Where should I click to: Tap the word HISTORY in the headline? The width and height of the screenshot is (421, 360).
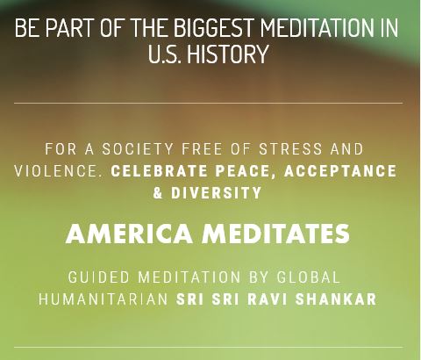[227, 54]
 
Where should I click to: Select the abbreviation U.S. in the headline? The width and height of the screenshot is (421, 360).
[163, 54]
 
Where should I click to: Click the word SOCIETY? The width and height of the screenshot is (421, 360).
[138, 149]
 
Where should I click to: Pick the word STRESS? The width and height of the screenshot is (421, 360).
[290, 149]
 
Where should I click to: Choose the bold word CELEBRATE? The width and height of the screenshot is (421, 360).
[159, 171]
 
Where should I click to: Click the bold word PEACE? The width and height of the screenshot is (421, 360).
[243, 172]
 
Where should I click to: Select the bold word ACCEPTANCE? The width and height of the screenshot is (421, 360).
[340, 171]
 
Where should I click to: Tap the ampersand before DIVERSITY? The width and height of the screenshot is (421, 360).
[158, 193]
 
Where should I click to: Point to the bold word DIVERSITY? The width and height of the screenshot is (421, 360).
[217, 193]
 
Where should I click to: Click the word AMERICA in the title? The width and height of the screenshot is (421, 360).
[129, 234]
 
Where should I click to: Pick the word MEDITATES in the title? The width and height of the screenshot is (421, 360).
[276, 234]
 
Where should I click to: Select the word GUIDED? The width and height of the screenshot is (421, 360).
[99, 277]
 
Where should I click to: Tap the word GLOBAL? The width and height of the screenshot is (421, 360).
[309, 277]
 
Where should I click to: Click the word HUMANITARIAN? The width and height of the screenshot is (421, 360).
[103, 299]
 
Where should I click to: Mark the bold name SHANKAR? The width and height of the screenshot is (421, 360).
[336, 299]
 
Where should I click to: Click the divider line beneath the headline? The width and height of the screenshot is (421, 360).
[208, 103]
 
